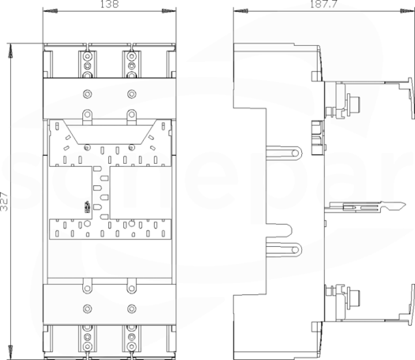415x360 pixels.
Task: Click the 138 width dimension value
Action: coord(109,4)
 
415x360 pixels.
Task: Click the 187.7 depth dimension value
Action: coord(323,4)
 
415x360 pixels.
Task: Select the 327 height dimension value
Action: coord(5,201)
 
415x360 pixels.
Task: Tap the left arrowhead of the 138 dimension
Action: coord(50,11)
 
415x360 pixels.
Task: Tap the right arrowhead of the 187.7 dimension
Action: coord(407,11)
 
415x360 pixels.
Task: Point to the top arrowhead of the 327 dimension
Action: coord(10,51)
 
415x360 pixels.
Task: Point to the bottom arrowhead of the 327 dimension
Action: coord(10,352)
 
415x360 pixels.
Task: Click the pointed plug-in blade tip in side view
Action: coord(402,204)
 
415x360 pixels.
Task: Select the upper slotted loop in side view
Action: coord(284,153)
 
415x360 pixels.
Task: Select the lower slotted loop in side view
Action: coord(284,250)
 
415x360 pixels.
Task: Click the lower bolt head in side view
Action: coord(353,294)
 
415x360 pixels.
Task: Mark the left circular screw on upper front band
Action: coord(87,94)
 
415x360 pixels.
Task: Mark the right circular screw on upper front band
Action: coord(131,94)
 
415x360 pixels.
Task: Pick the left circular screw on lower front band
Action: coord(87,309)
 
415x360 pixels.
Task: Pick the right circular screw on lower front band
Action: coord(131,309)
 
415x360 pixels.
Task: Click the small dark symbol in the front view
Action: coord(87,207)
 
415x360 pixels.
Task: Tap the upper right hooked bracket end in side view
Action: coord(411,98)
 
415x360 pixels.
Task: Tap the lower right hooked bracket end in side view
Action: coord(411,305)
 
